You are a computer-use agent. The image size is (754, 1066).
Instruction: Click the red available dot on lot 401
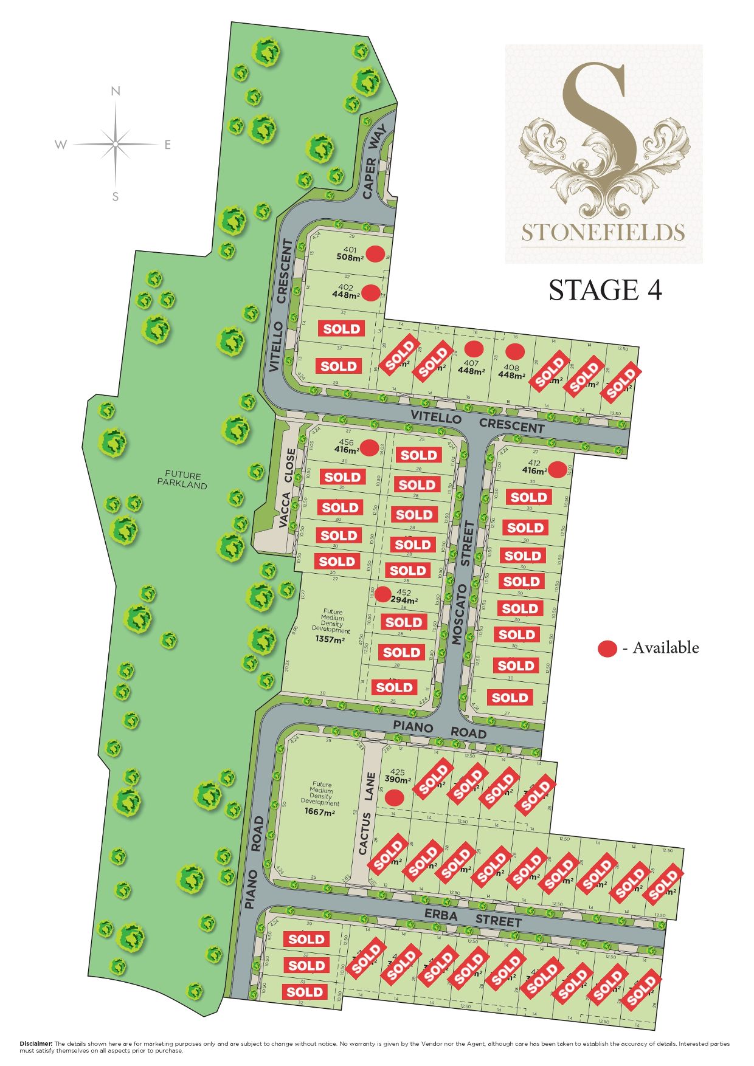375,253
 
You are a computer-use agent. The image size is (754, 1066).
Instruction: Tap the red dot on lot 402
372,292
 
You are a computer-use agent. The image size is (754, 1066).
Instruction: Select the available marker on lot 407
474,349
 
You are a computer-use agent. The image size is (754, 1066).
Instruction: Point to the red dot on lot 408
515,351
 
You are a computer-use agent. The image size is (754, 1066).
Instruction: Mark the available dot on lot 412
556,469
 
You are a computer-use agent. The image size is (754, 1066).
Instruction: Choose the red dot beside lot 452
382,594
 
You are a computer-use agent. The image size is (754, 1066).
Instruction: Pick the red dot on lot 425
396,797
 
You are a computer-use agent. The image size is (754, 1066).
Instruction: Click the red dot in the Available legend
607,649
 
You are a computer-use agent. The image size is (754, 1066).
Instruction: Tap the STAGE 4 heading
605,290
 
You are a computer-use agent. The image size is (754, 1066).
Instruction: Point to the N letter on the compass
116,92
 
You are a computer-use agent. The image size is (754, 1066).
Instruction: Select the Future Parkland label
182,480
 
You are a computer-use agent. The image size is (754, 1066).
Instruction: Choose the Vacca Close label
287,488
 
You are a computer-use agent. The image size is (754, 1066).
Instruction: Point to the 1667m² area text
320,811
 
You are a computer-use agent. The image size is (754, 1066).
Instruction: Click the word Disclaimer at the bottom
36,1044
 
